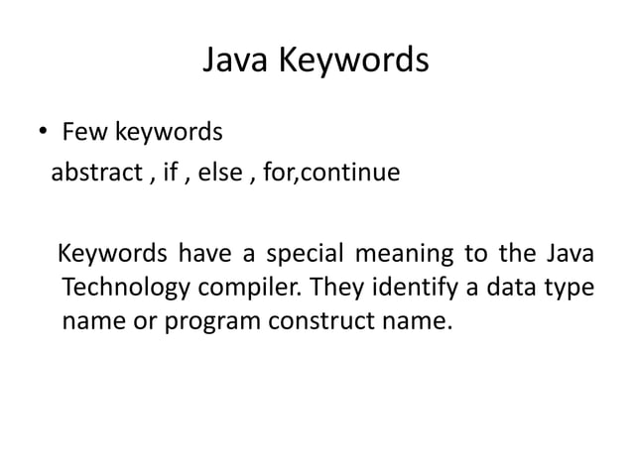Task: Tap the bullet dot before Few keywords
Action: pyautogui.click(x=46, y=133)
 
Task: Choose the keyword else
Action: pyautogui.click(x=217, y=174)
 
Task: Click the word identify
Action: pyautogui.click(x=409, y=289)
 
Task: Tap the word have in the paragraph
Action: pyautogui.click(x=205, y=256)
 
